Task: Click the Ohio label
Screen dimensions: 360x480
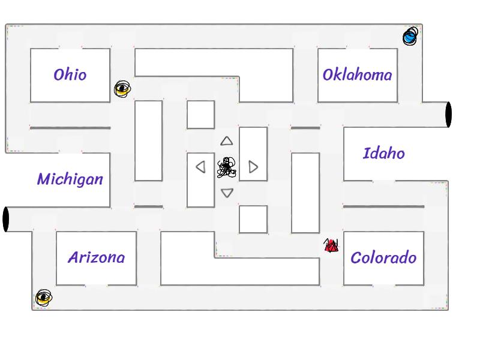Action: point(70,75)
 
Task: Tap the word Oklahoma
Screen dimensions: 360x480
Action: point(357,75)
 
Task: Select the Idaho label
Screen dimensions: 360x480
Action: point(383,153)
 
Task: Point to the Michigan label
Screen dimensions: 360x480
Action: point(70,179)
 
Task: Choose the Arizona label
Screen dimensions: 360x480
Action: point(96,257)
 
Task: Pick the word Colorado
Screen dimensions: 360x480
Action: point(383,258)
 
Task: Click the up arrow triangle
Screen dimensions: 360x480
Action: point(226,141)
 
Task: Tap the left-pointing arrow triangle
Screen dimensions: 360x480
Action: point(201,167)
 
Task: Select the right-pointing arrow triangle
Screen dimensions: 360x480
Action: point(253,167)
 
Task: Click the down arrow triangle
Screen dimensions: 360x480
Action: point(227,193)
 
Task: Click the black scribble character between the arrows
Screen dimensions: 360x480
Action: point(227,167)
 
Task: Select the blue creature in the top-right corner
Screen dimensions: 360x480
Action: point(410,36)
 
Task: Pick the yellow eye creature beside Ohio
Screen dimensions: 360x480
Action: point(122,89)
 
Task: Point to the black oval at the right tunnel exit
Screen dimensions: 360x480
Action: point(448,115)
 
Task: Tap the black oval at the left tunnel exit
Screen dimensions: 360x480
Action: point(6,219)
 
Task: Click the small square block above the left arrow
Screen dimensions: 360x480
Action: point(200,115)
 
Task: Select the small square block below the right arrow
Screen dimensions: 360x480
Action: point(253,219)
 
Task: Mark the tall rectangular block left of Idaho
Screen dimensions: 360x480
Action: point(305,193)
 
